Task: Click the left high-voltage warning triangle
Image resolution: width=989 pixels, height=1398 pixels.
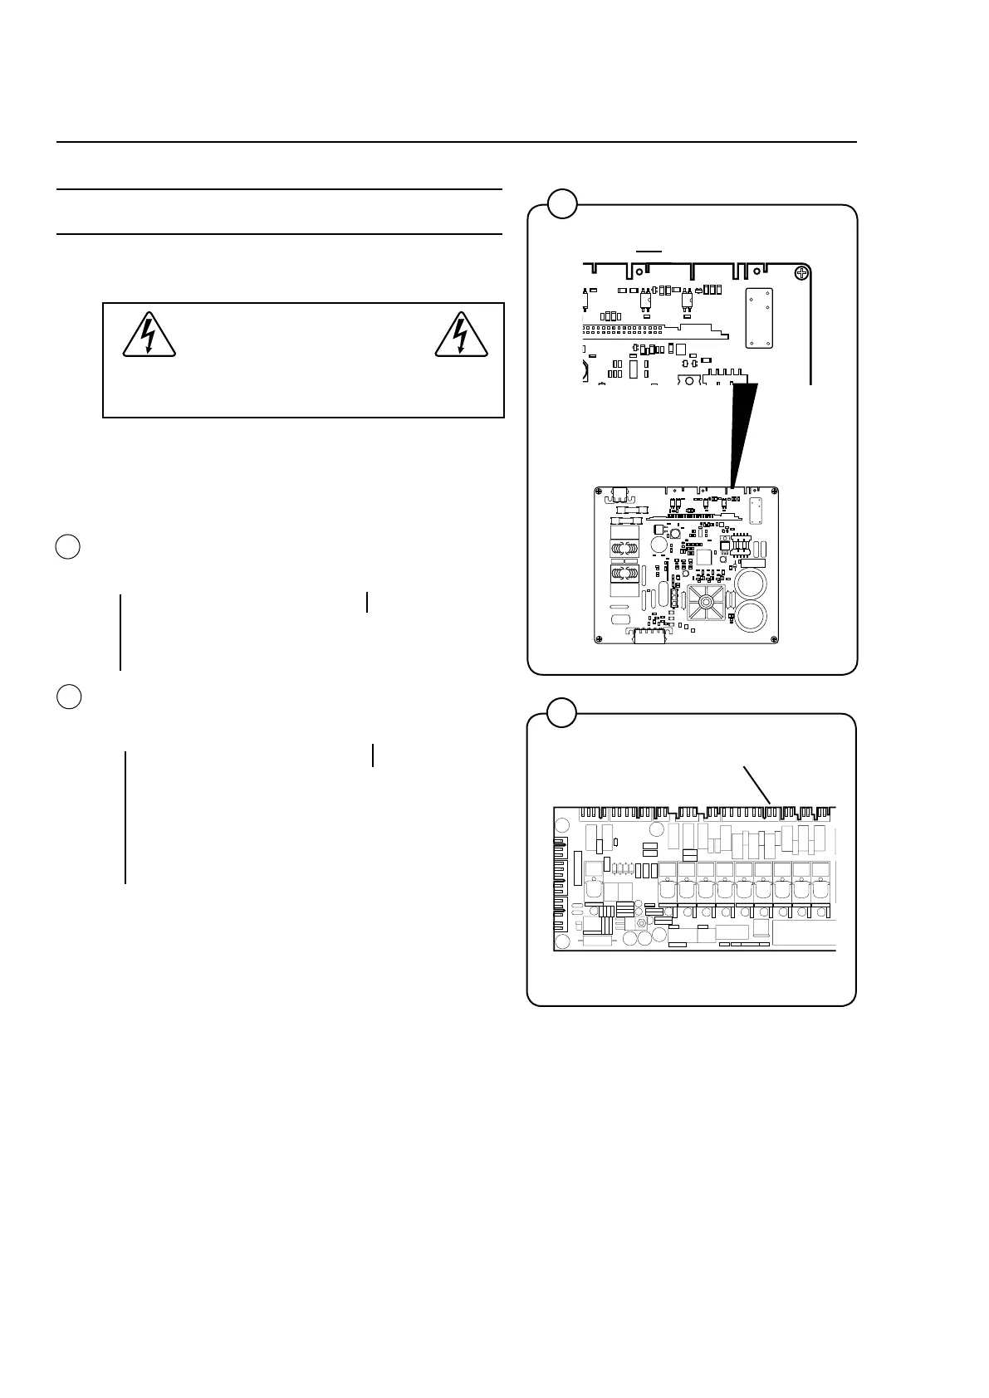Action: click(149, 335)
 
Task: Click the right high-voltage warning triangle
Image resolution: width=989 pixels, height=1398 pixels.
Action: click(462, 335)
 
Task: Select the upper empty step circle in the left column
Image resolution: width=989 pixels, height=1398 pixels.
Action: click(68, 547)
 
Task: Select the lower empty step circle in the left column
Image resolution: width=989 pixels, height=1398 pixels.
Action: click(69, 697)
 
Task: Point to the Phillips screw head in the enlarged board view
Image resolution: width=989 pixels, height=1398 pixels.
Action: click(801, 272)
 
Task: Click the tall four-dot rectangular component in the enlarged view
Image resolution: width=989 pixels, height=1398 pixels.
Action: click(760, 317)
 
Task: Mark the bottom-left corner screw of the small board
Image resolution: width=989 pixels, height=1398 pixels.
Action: click(600, 638)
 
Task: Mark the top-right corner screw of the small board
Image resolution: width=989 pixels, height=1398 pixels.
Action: click(773, 491)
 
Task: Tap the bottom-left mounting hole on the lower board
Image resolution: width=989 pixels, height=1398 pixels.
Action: click(562, 941)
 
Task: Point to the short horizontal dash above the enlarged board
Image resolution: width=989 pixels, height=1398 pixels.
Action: click(649, 249)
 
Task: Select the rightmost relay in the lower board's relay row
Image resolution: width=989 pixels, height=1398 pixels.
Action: click(820, 889)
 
